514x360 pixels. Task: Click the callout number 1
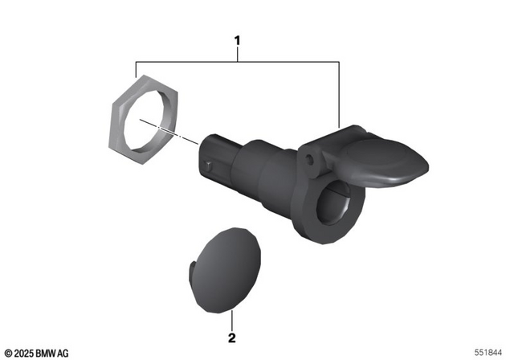point(237,37)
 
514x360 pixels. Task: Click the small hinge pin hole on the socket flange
point(308,162)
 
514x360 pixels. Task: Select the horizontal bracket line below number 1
point(237,61)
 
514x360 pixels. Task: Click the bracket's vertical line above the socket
point(339,92)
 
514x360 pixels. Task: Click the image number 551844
point(488,352)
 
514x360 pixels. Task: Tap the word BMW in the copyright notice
point(44,353)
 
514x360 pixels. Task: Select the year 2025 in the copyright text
point(22,353)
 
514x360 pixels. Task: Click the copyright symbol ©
point(7,353)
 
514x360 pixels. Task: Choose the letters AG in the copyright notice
point(63,353)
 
